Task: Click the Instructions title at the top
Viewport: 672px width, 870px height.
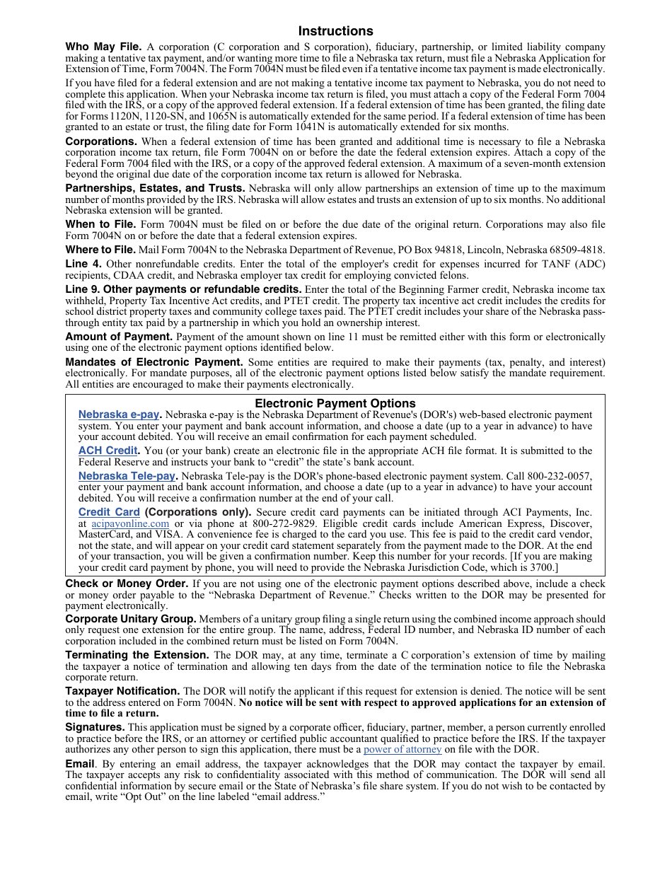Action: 335,31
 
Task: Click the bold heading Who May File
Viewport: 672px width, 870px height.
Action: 103,47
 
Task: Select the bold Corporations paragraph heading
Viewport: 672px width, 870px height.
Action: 101,141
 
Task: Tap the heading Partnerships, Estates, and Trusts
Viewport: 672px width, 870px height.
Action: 155,188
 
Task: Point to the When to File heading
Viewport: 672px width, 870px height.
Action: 100,225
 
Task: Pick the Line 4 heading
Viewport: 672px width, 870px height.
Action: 83,264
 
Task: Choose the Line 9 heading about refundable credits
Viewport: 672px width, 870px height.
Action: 183,289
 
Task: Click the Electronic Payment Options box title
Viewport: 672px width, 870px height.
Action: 335,404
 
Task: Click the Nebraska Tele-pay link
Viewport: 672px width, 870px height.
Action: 127,476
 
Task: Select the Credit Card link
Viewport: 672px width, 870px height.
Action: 109,512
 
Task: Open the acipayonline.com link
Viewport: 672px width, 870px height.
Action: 130,524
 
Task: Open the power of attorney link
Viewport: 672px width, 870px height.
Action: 402,749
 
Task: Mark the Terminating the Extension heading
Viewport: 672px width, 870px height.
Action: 137,655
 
